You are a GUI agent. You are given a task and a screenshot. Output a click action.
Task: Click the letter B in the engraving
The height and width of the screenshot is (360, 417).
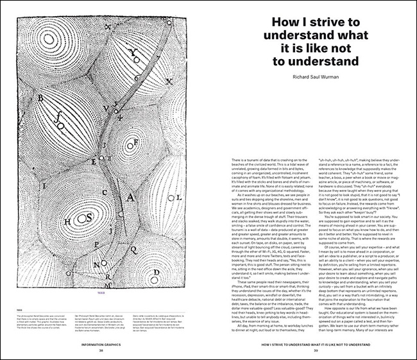[x=41, y=98]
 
